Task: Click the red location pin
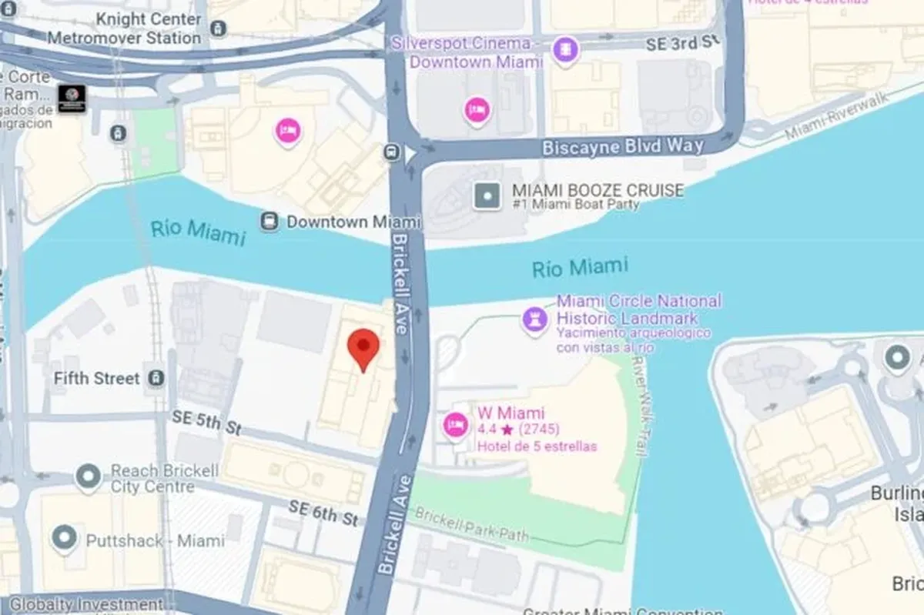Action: tap(363, 348)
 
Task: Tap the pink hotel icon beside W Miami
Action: tap(456, 425)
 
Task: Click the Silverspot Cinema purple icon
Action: tap(566, 50)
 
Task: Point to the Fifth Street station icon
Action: tap(156, 378)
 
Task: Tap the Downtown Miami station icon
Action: tap(269, 222)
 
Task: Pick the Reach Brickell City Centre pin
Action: tap(88, 477)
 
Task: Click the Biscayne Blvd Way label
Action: tap(622, 146)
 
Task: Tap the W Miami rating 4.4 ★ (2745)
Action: tap(518, 429)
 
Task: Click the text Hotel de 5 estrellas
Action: tap(537, 446)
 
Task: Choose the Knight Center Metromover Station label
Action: tap(124, 28)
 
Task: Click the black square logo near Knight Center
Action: tap(72, 99)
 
